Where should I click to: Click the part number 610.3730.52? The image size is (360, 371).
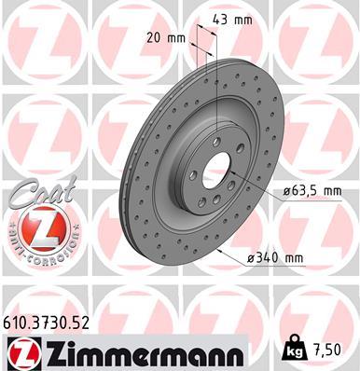[x=52, y=323]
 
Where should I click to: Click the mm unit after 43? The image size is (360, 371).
[x=244, y=19]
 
